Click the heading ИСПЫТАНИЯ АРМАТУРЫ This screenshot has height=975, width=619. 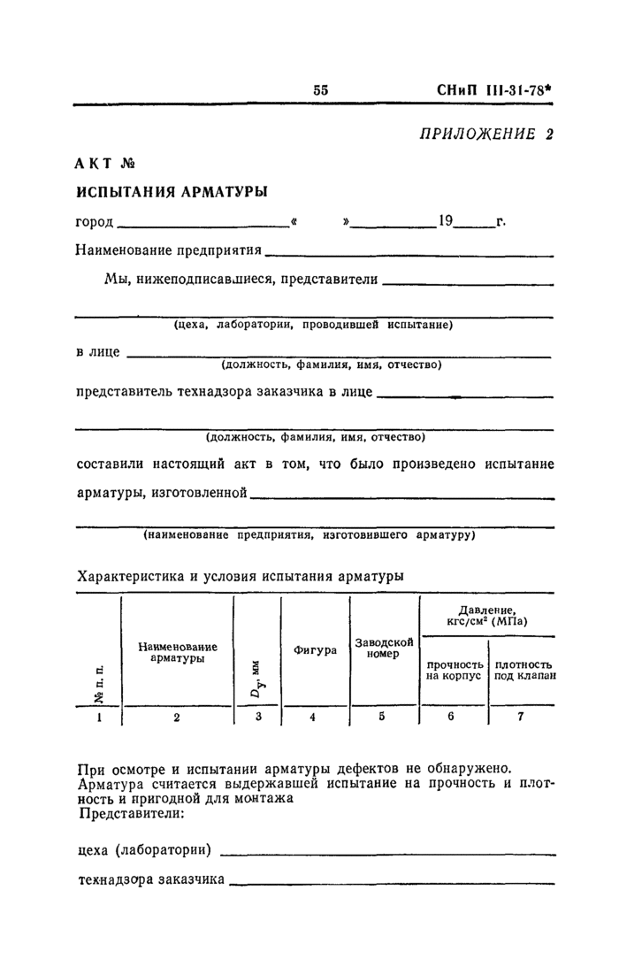[172, 192]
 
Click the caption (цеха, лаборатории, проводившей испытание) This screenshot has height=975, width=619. [314, 325]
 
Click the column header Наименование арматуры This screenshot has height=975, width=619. [177, 653]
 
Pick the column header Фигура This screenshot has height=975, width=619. [315, 650]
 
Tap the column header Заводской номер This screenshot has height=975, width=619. [384, 648]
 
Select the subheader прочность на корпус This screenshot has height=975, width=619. [454, 670]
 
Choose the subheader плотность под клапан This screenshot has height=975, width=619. [523, 670]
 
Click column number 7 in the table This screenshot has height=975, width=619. [521, 718]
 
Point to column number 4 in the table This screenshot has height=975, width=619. [313, 718]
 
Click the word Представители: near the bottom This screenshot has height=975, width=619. [131, 812]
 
